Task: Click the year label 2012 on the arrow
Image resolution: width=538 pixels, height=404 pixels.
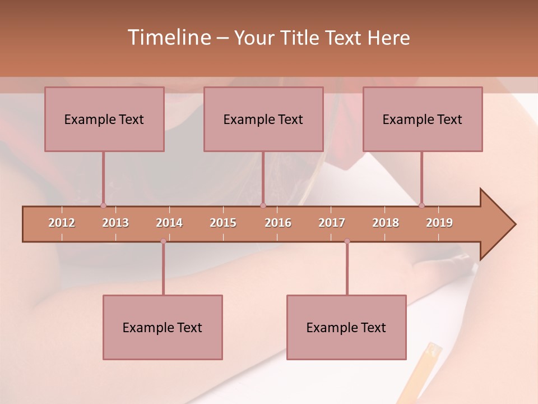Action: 62,223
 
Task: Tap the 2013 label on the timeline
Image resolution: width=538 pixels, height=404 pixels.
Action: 115,223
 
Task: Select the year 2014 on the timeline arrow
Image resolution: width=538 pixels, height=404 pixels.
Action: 169,223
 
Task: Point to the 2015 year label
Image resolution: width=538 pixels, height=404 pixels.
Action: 223,223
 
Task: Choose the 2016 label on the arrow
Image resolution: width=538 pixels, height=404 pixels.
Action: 278,223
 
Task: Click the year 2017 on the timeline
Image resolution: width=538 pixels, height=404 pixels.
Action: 332,223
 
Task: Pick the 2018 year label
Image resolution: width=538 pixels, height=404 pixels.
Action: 386,223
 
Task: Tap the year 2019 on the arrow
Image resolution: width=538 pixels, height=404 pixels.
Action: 439,223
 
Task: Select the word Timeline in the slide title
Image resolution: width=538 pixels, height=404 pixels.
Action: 168,38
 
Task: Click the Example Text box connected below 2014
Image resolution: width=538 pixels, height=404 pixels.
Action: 163,327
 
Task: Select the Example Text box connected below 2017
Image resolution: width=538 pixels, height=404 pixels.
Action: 346,327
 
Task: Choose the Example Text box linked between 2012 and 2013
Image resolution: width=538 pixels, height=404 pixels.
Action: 104,119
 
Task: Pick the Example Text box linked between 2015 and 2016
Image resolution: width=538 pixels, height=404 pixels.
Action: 263,119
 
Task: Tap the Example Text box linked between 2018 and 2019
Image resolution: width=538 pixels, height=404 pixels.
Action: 423,119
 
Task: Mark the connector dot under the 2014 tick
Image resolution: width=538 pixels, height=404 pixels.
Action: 163,241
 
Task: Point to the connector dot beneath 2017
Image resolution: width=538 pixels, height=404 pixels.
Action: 347,241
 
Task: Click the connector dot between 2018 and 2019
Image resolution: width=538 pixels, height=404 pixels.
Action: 421,205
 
